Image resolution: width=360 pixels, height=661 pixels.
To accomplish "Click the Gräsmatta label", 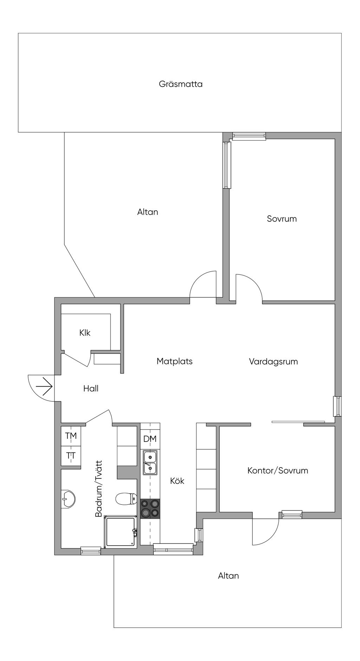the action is (x=180, y=84).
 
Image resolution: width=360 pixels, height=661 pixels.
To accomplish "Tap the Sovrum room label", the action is (x=282, y=219).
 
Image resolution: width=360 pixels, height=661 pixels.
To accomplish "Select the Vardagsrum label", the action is (x=273, y=361).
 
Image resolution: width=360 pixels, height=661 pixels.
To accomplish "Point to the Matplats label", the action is (x=174, y=361).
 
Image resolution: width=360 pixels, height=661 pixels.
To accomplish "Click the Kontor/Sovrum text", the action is (x=278, y=471).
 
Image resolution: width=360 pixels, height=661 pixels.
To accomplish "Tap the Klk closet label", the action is (x=85, y=333).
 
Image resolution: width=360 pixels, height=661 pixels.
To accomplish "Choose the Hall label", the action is (x=91, y=388).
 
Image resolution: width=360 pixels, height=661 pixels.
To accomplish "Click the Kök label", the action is (x=177, y=481).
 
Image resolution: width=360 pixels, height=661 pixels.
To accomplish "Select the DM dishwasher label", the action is (x=150, y=439).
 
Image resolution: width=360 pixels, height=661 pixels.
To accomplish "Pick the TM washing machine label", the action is (x=71, y=436).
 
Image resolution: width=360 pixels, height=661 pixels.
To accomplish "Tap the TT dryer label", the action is (x=71, y=456).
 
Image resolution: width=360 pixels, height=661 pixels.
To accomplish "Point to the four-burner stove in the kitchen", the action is (x=150, y=509).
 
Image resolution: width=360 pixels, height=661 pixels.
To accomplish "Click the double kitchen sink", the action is (x=150, y=463).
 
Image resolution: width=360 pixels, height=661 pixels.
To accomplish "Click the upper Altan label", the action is (x=148, y=212).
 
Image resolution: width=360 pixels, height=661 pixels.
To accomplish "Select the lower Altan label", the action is (x=229, y=576).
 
